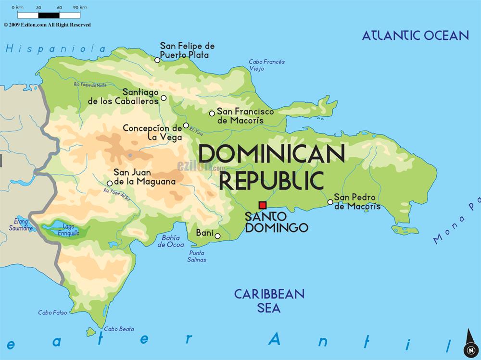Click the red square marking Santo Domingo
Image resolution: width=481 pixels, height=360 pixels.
point(262,205)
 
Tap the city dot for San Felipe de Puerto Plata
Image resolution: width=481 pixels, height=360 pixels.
point(157,60)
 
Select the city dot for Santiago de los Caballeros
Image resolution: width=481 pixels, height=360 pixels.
point(164,98)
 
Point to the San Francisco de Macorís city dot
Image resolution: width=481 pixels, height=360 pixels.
point(212,113)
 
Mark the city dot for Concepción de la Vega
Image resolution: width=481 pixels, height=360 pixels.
point(186,126)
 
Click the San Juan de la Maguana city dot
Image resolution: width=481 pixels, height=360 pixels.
point(110,183)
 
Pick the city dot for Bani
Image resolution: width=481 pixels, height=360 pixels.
point(217,236)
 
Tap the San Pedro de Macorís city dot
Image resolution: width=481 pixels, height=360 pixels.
point(330,202)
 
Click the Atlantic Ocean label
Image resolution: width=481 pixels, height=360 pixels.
point(415,35)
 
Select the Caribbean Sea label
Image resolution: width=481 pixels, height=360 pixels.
point(269,300)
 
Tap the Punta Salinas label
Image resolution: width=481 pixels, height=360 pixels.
point(197,256)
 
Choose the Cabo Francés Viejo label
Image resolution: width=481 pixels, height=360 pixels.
point(266,65)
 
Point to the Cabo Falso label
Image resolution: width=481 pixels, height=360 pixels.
point(52,313)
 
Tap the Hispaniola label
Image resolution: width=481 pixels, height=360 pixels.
point(56,48)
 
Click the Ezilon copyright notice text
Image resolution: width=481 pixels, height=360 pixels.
point(47,25)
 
